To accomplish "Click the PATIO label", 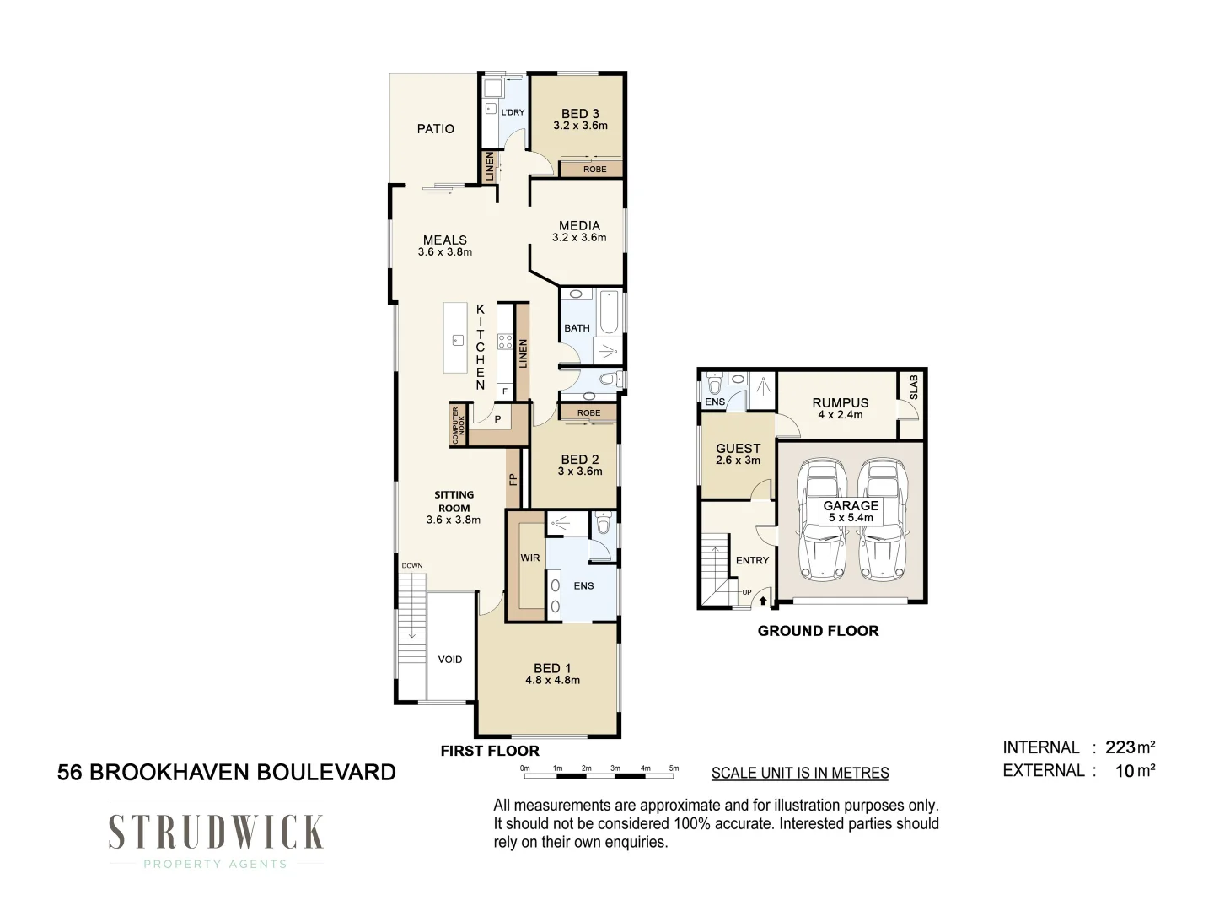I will tap(435, 129).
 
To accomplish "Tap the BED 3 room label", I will tap(580, 114).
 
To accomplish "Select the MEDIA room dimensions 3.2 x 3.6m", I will tap(579, 238).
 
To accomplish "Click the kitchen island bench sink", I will tap(458, 340).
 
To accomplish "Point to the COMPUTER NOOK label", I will tap(459, 425).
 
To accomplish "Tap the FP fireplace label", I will tap(513, 479).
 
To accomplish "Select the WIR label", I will tap(530, 558).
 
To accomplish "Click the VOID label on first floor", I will tap(450, 660).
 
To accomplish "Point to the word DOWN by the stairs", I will tap(412, 566).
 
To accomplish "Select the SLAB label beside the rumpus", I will tap(914, 387).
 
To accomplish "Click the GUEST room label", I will tap(738, 449).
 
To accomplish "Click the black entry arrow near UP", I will tap(764, 601).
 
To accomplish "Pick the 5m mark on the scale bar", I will tap(674, 768).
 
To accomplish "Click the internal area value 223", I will tap(1120, 747).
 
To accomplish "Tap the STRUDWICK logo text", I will tap(216, 833).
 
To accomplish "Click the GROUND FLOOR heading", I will tap(818, 631).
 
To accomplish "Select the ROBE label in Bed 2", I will tap(588, 413).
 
